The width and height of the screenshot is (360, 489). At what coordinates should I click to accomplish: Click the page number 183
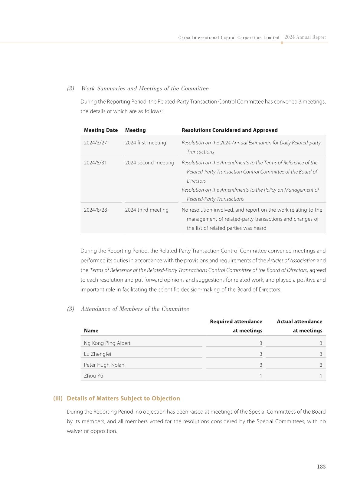tap(321, 467)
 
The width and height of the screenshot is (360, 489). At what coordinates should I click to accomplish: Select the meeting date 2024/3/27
tap(95, 143)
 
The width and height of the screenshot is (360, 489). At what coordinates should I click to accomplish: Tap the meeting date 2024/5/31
tap(95, 163)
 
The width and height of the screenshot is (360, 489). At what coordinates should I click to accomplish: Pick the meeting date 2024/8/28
tap(95, 210)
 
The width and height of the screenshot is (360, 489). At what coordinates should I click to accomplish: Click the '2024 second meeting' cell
tap(149, 163)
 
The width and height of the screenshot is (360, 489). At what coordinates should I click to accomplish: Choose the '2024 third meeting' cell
tap(147, 210)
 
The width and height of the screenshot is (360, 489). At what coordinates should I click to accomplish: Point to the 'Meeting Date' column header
tap(101, 130)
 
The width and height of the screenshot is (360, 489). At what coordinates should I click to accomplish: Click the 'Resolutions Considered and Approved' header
tap(229, 130)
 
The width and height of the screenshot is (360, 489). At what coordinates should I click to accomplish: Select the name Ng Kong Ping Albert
tap(107, 343)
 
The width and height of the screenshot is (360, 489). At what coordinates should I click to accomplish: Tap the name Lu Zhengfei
tap(97, 354)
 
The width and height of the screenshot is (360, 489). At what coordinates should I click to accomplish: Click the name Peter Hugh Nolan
tap(104, 365)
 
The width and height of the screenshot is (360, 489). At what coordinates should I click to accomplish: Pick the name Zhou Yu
tap(93, 376)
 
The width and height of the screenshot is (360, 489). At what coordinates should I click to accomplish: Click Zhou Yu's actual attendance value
tap(321, 376)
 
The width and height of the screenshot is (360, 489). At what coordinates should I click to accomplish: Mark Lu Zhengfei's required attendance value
tap(261, 354)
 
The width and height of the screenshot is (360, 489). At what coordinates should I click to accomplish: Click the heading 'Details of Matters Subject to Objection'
tap(123, 398)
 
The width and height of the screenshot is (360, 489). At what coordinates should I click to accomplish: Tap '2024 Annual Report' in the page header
tap(305, 37)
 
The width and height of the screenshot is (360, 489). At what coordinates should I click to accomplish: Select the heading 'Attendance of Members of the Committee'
tap(135, 309)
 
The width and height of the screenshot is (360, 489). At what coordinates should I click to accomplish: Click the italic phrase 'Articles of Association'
tap(291, 260)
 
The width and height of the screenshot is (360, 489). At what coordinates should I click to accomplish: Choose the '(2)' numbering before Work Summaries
tap(70, 88)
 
